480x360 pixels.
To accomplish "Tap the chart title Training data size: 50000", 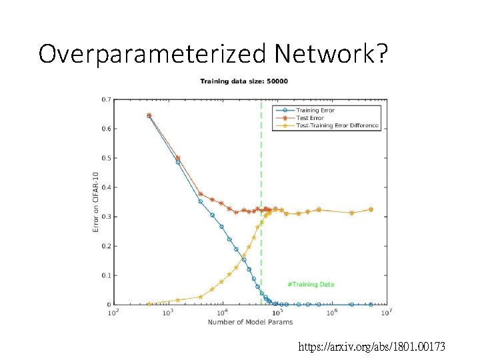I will (244, 81).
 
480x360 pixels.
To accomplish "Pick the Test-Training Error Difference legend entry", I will (337, 125).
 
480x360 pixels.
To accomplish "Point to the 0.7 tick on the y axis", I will (107, 99).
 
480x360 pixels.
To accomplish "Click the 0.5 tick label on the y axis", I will (107, 158).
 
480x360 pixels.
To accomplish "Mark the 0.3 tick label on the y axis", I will (107, 217).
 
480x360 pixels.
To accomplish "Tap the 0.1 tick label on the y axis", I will (107, 275).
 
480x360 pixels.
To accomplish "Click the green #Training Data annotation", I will (311, 284).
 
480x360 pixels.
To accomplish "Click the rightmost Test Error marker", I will (371, 209).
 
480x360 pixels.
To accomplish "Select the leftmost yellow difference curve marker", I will (149, 303).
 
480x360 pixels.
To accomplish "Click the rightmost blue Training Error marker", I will (371, 304).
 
